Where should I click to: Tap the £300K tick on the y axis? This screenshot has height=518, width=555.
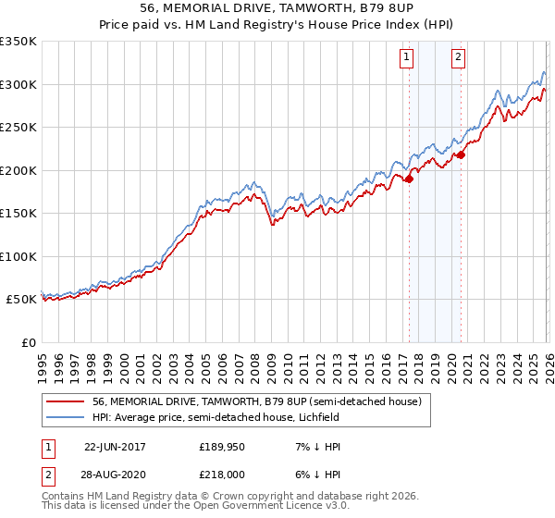[19, 84]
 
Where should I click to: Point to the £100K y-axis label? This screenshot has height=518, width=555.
[19, 256]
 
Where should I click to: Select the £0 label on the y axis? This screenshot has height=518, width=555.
[28, 342]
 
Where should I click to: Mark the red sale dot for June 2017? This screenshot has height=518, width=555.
[409, 179]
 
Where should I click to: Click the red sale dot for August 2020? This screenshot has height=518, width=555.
[461, 154]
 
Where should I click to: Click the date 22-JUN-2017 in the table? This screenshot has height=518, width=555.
[117, 447]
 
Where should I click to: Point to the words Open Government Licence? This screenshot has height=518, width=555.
[286, 506]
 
